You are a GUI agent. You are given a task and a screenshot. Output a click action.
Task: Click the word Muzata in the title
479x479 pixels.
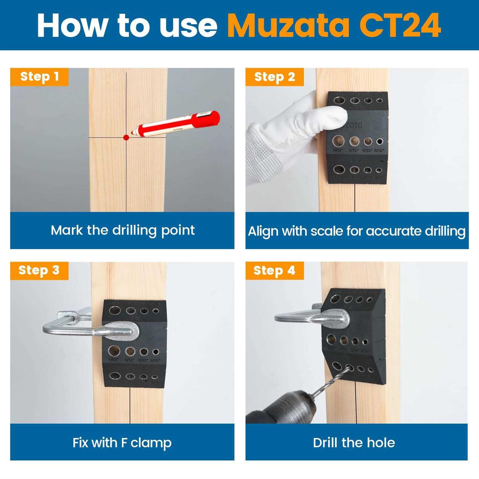[x=289, y=26]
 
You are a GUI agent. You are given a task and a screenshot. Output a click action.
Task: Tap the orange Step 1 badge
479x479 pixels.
[x=39, y=77]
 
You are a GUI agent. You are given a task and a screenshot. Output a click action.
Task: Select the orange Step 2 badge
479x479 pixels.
[x=274, y=77]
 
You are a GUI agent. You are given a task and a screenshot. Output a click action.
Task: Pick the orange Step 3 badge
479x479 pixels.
[x=39, y=270]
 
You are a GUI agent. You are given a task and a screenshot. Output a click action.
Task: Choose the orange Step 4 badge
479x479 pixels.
[x=274, y=270]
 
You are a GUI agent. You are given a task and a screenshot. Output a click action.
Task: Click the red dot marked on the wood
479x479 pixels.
[x=126, y=138]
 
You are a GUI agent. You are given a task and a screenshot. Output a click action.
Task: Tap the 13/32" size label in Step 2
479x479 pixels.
[x=337, y=150]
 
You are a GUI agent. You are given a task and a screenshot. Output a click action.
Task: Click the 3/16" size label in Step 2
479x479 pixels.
[x=379, y=150]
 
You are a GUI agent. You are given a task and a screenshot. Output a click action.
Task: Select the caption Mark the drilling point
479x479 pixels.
[x=123, y=230]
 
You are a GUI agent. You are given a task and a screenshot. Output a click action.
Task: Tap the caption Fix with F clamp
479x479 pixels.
[x=122, y=443]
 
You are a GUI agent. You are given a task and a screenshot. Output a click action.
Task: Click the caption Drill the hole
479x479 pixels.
[x=354, y=443]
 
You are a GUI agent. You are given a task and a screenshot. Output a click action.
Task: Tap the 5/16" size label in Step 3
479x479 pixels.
[x=129, y=360]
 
